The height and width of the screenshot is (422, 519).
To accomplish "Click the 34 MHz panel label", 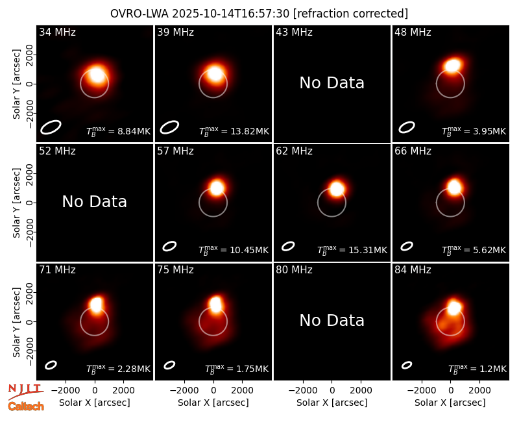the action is [x=57, y=32].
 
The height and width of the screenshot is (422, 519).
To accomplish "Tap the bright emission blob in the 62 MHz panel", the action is [x=337, y=189].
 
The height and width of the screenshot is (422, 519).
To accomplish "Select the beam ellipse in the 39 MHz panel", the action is [x=169, y=127].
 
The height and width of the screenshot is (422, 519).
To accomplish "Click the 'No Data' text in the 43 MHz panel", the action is [x=332, y=83].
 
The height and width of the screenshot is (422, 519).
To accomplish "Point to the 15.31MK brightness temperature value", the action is [x=368, y=250].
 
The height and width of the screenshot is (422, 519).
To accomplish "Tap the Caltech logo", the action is [x=26, y=406].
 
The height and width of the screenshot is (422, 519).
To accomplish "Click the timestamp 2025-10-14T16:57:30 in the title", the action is [x=231, y=14].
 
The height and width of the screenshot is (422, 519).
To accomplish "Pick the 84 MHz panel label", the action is [x=413, y=270].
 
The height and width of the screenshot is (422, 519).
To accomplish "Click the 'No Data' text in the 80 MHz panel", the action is [x=332, y=321].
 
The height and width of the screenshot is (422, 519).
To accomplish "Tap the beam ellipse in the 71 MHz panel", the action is [x=51, y=365].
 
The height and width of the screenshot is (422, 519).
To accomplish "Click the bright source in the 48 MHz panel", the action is [x=453, y=66].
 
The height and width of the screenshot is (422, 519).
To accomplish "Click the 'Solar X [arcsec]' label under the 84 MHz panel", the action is [x=450, y=403].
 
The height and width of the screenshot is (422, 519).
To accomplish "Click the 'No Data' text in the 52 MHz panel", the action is [x=94, y=202].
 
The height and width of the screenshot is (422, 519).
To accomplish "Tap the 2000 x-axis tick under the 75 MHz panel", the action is [x=242, y=391].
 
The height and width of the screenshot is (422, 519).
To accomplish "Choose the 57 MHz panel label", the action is [x=175, y=151].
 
